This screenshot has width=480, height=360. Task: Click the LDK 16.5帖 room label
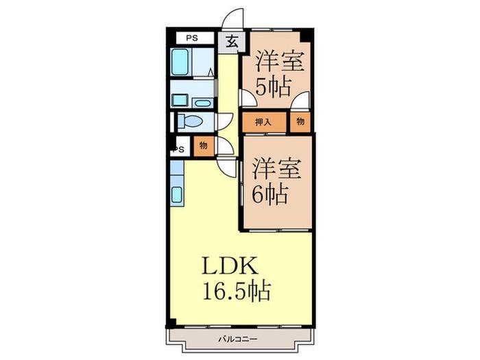click(237, 278)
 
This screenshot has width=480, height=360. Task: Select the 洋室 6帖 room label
click(276, 180)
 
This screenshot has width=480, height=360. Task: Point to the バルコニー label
click(238, 339)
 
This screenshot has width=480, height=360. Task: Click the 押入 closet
click(264, 122)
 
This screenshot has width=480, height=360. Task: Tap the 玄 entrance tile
click(232, 42)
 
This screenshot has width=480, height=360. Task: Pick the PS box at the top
click(195, 38)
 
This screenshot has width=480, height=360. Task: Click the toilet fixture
click(190, 121)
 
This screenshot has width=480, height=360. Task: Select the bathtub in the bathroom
click(180, 62)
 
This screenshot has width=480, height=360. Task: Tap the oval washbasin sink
click(202, 103)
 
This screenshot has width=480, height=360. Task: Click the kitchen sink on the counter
click(177, 194)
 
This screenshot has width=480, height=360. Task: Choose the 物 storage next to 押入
click(300, 122)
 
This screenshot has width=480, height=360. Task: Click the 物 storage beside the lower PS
click(203, 146)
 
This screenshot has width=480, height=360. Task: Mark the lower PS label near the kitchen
click(179, 149)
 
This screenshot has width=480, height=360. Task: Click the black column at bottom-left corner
click(171, 323)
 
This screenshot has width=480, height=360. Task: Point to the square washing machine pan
click(180, 100)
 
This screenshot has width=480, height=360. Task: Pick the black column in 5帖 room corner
click(307, 35)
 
